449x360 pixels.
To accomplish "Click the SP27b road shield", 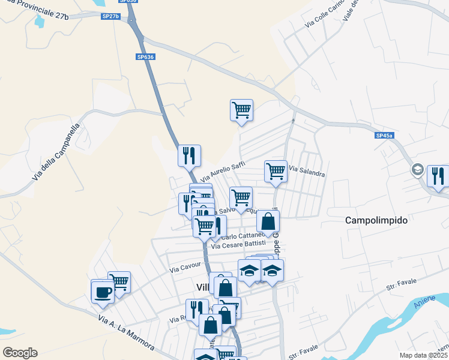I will (111, 16).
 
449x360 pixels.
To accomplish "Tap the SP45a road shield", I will (384, 136).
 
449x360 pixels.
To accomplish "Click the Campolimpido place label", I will (376, 220).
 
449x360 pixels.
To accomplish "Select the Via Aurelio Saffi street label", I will (223, 171).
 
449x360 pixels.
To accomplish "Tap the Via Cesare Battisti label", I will (238, 245).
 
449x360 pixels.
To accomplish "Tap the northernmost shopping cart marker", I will (241, 110).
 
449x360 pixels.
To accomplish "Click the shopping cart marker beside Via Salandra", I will (276, 171).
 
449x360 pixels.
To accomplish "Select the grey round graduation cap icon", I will (417, 170).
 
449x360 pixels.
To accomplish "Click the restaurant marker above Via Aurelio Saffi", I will (189, 155).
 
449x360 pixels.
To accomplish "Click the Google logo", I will (20, 353).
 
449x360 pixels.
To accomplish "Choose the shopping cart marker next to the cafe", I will (119, 282).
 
